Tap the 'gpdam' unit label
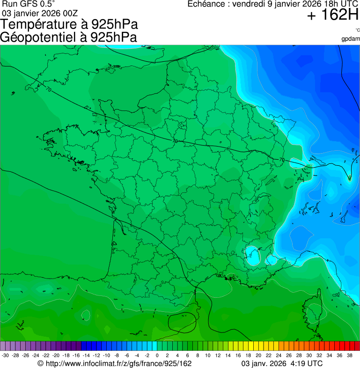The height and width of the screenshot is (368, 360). pyautogui.click(x=351, y=38)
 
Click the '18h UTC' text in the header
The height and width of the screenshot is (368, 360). pyautogui.click(x=340, y=4)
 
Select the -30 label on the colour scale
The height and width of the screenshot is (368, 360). pyautogui.click(x=5, y=355)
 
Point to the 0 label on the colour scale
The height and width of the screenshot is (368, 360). pyautogui.click(x=157, y=355)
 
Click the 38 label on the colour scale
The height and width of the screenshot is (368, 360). pyautogui.click(x=349, y=355)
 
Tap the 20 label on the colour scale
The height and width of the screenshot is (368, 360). pyautogui.click(x=258, y=355)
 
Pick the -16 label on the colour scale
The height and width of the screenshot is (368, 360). pyautogui.click(x=76, y=355)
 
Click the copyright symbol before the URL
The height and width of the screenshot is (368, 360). pyautogui.click(x=41, y=363)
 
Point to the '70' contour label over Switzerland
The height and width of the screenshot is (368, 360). pyautogui.click(x=281, y=160)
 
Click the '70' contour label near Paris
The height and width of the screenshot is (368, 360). pyautogui.click(x=175, y=140)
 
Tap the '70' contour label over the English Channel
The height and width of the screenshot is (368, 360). pyautogui.click(x=49, y=89)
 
